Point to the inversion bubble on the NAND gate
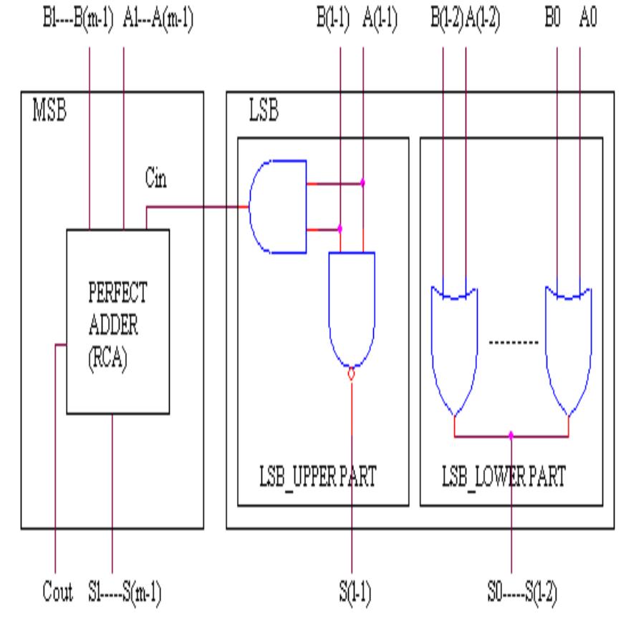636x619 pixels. coord(352,374)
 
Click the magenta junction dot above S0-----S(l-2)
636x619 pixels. coord(511,434)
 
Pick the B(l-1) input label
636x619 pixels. coord(332,16)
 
